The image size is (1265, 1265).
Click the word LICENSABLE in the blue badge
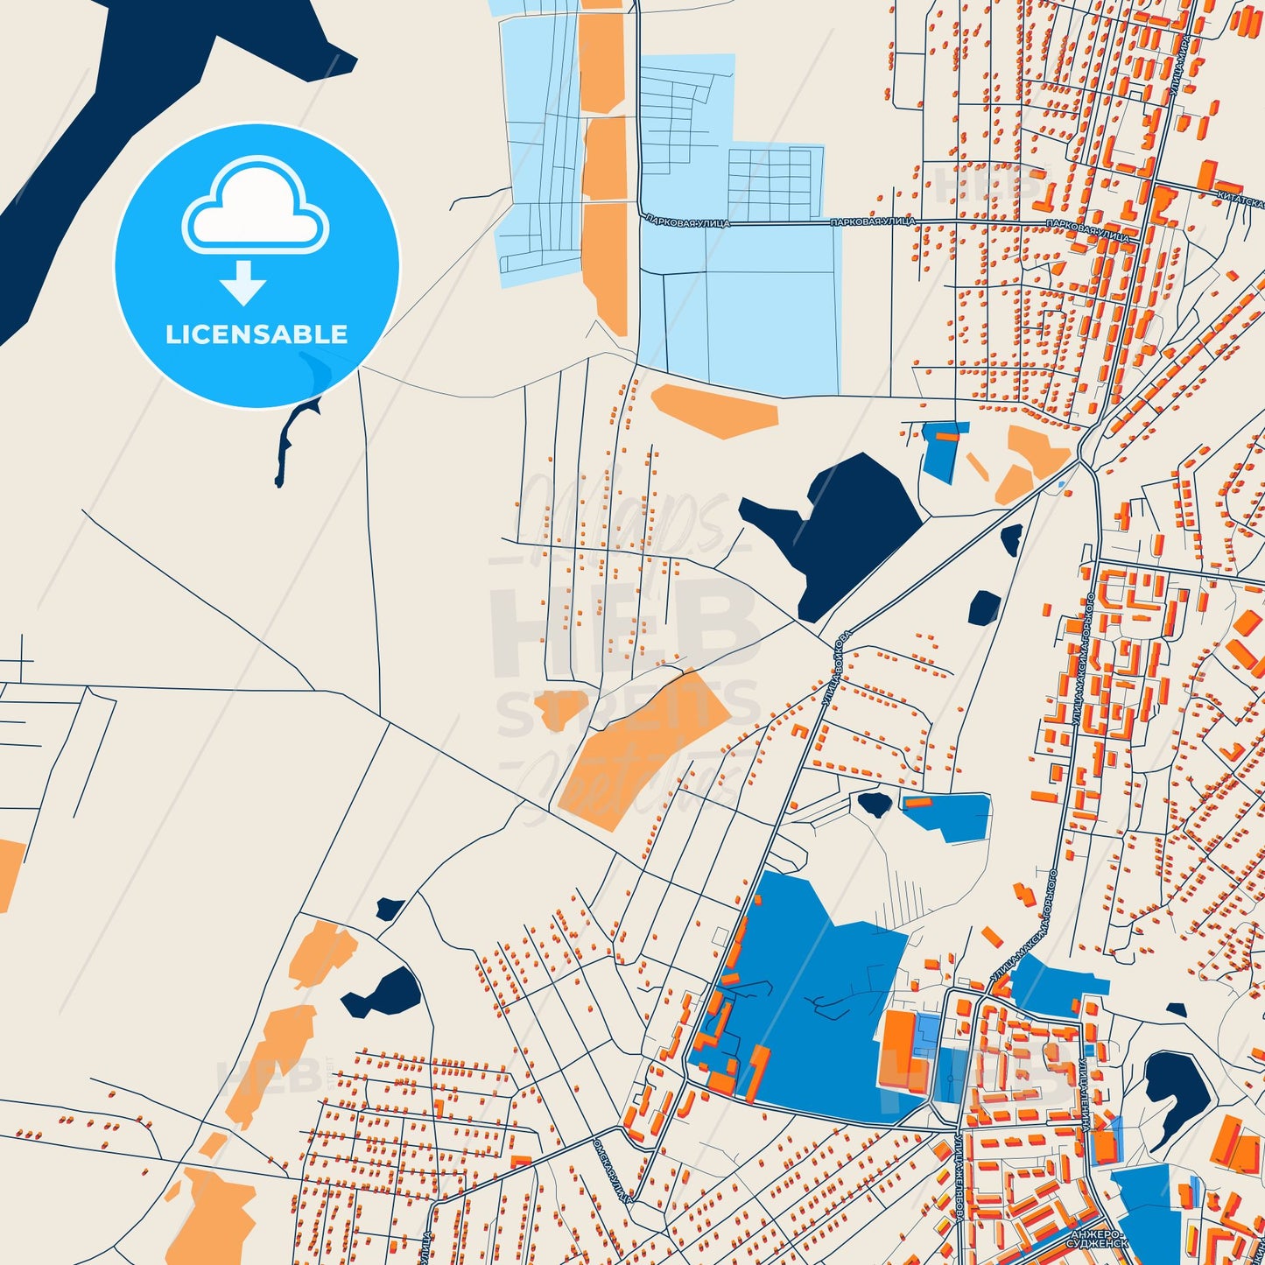[257, 334]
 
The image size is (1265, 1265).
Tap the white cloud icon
[255, 207]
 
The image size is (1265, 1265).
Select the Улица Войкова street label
[835, 669]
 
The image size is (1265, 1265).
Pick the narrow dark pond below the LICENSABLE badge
[289, 438]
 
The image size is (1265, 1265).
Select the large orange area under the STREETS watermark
[643, 748]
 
